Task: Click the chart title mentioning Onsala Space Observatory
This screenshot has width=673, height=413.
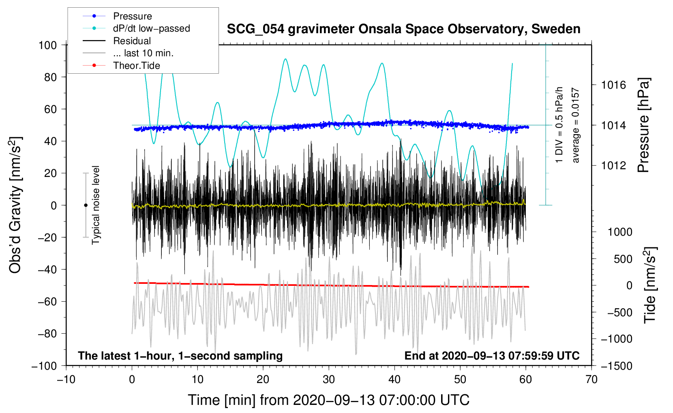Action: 403,29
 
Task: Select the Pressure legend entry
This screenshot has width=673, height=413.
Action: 132,16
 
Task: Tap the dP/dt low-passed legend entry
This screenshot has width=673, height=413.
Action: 151,28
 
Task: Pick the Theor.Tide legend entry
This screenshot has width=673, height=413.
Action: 136,66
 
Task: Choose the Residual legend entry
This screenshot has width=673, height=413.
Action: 132,41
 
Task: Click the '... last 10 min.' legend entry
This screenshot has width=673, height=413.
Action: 143,53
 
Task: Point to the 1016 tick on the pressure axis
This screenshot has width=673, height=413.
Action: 613,85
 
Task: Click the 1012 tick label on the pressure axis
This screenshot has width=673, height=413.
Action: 613,166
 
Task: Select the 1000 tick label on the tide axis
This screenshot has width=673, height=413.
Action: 620,232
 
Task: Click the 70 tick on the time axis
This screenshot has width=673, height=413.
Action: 592,379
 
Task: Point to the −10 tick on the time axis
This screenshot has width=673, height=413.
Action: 66,379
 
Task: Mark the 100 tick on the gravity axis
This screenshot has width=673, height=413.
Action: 48,45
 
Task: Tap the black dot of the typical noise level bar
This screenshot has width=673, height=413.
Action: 86,205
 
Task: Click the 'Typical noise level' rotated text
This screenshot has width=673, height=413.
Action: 96,205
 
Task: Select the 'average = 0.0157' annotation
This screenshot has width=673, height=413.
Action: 576,126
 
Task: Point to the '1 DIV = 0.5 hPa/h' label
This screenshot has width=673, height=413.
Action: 559,125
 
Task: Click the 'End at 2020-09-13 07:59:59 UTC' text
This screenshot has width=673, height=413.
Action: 492,356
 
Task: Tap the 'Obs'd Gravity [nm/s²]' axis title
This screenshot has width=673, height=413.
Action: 15,205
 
